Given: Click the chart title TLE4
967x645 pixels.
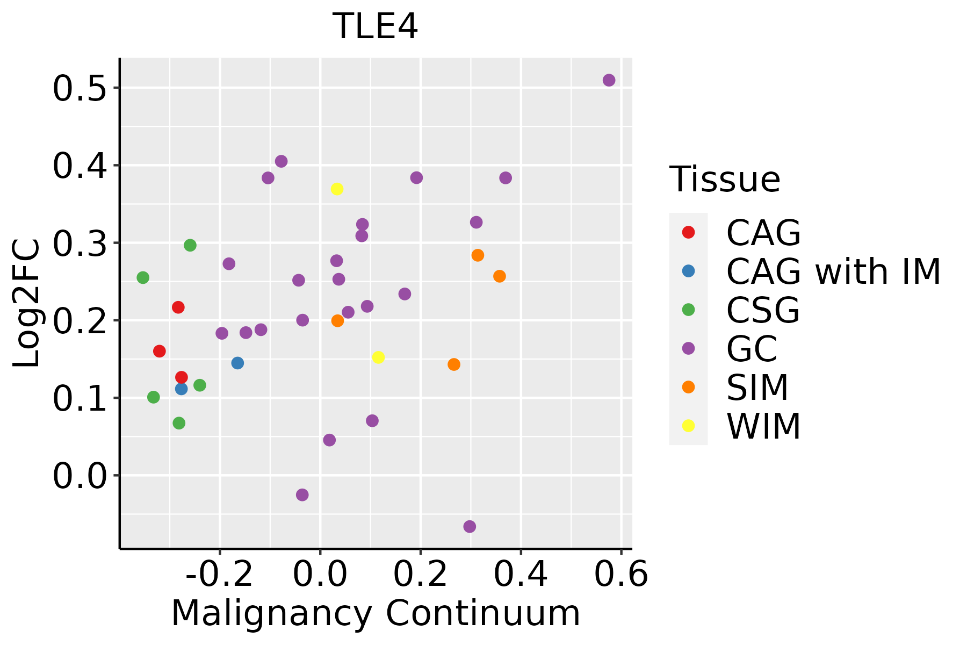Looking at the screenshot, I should point(375,27).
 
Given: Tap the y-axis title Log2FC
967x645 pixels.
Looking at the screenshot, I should point(27,304).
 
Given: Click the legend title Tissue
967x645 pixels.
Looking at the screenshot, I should point(725,180).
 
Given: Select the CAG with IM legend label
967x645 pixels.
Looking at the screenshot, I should point(833,271).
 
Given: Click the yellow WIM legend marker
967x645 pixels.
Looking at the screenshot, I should point(688,426).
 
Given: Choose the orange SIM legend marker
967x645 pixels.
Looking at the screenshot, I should point(688,387).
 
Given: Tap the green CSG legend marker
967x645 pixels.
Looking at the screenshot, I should point(688,310).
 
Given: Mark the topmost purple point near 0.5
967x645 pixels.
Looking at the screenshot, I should point(609,80).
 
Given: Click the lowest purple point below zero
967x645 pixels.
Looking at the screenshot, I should point(470,526).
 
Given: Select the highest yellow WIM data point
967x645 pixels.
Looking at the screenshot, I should point(337,189).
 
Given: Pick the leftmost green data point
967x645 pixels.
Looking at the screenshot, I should point(143,277).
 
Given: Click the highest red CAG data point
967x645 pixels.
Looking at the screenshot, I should point(178,307).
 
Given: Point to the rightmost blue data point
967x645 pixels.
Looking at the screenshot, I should point(237,363).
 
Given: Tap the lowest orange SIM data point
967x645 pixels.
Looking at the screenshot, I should point(454,364).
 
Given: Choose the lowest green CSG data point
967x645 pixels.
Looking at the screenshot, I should point(179,423).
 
